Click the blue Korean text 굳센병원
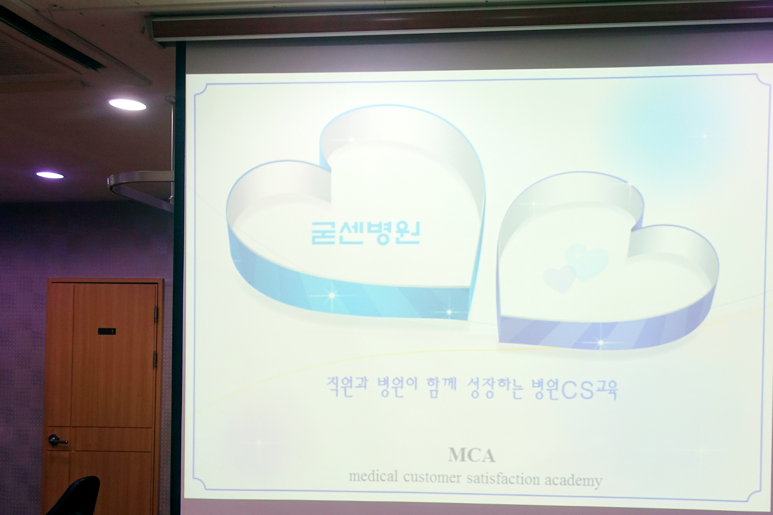coord(366,233)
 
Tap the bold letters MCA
coord(472,455)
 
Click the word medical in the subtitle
coord(373,476)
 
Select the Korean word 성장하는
coord(495,389)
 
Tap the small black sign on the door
coord(107,331)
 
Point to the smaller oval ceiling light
coord(50,175)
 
